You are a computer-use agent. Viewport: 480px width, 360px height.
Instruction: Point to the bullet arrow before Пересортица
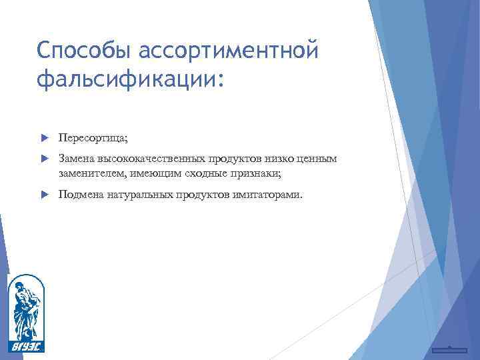(x=45, y=137)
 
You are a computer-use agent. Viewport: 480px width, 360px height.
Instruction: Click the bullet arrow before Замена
(x=45, y=159)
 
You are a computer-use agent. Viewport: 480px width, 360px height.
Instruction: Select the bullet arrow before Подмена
(x=45, y=195)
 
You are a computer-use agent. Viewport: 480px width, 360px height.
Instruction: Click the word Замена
(x=76, y=159)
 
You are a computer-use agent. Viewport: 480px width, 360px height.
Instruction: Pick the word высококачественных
(x=151, y=159)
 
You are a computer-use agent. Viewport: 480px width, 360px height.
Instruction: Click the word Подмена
(x=80, y=195)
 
